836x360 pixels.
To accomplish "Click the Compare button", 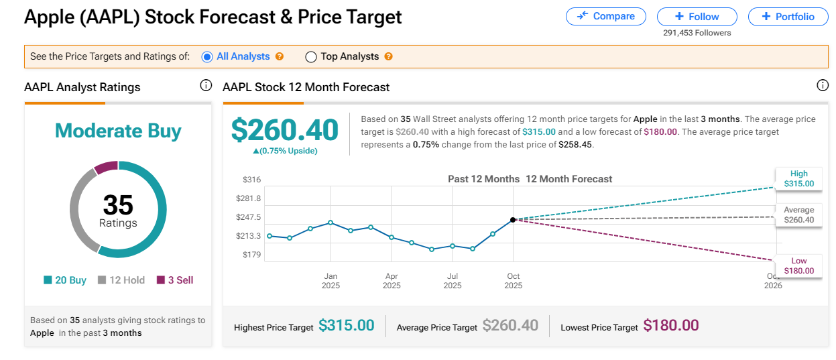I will tap(605, 16).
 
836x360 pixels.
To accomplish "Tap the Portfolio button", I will tap(788, 16).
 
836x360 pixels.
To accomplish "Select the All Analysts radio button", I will tap(207, 57).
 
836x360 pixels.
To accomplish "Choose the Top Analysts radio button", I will tap(311, 57).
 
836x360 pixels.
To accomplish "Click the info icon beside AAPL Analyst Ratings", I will tap(206, 86).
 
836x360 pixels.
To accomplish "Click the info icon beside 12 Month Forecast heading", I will tap(823, 86).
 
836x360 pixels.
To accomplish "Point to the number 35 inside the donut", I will tap(118, 204).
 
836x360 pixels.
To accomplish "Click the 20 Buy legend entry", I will tap(65, 280).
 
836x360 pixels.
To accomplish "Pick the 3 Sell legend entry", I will tap(175, 280).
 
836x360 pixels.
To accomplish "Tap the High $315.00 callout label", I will tap(798, 178).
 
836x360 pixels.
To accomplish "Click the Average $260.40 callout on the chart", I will tap(798, 215).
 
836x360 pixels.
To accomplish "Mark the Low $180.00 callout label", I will tap(798, 265).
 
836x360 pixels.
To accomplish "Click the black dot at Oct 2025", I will tap(513, 219).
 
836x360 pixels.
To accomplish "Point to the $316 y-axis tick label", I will tap(251, 180).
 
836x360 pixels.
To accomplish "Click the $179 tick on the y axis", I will tap(251, 255).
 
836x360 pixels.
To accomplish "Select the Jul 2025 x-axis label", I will tap(453, 281).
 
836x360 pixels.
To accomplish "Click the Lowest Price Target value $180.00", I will tap(670, 326).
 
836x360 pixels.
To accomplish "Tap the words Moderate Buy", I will tap(118, 131).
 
